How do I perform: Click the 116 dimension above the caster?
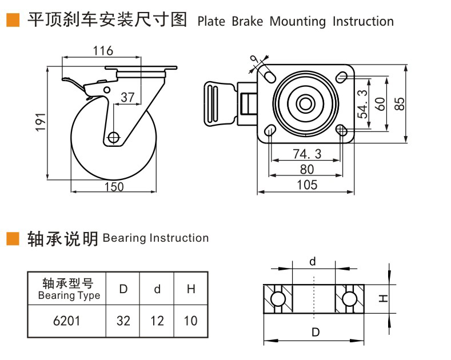[103, 50]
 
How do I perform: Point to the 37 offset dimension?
[128, 98]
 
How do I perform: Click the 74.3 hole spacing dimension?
[307, 154]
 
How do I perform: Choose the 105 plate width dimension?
[307, 185]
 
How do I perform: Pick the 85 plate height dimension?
[400, 103]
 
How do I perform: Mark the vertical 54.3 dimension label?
[362, 103]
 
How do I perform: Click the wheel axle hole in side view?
[113, 137]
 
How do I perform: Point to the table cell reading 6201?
[66, 320]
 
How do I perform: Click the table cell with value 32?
[123, 320]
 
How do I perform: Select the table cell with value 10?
[190, 320]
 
